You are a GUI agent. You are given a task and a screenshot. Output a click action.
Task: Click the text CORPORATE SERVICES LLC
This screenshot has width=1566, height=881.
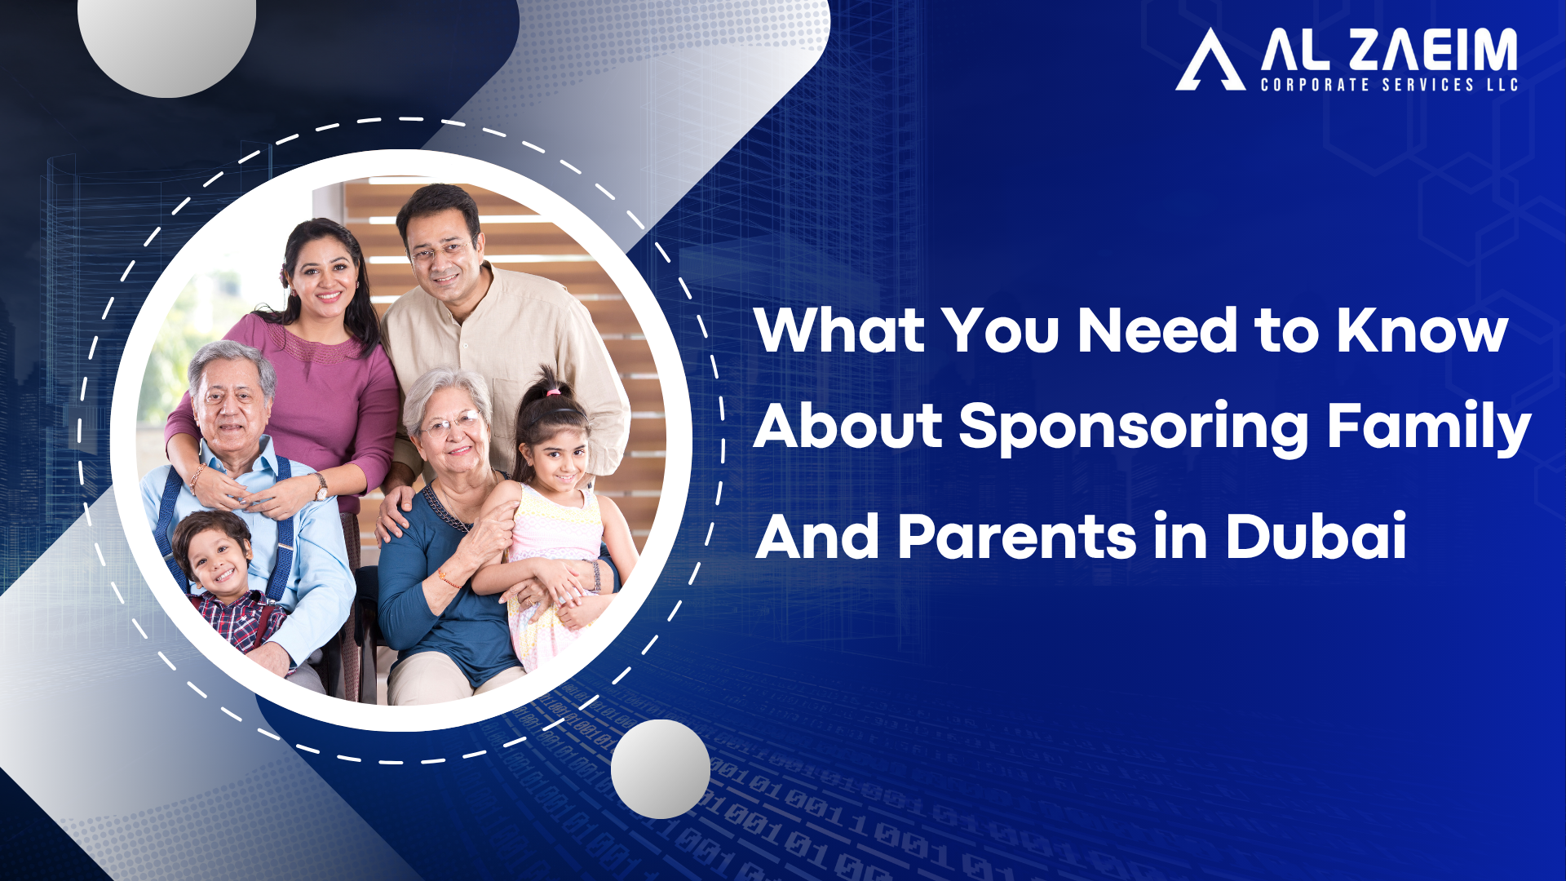(x=1388, y=85)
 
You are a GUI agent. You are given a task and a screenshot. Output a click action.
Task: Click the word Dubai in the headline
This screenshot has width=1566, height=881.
(x=1316, y=537)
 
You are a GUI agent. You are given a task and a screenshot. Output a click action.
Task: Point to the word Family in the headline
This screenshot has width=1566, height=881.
(x=1429, y=427)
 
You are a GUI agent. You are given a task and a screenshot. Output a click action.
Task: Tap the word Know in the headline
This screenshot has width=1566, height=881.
(x=1422, y=330)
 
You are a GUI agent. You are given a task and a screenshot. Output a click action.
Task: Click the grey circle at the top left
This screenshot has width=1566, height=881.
(x=167, y=41)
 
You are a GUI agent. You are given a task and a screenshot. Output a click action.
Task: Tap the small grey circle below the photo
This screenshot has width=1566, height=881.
(x=660, y=768)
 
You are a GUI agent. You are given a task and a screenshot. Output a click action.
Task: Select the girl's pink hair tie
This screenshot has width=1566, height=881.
(x=554, y=392)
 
